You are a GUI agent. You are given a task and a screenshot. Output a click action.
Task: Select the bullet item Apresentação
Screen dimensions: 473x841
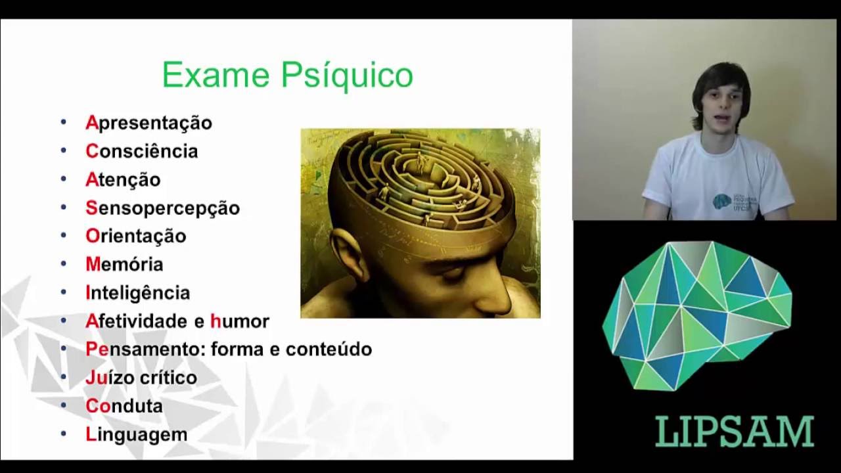pos(148,123)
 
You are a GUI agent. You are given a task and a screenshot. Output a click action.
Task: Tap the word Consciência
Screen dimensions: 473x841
pos(141,151)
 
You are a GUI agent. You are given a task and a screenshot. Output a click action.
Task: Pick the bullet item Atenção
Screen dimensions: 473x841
pos(123,179)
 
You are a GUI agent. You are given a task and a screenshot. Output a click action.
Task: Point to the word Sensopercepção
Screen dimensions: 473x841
pos(162,208)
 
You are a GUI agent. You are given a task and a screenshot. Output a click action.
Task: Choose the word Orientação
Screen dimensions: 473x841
pos(135,236)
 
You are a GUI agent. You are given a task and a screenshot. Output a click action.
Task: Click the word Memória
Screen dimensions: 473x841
pos(124,264)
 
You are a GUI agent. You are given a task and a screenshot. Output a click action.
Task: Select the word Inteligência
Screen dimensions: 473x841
pos(137,292)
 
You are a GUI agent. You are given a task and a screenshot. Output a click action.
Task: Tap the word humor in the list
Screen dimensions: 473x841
pos(240,321)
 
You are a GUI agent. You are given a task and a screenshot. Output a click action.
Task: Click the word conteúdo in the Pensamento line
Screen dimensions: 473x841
pos(329,349)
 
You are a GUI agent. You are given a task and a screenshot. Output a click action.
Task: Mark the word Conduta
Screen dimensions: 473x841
pos(124,406)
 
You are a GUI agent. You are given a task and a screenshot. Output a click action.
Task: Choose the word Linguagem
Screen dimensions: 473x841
pos(136,434)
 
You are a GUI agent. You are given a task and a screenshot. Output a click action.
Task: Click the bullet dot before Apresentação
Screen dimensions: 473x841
pos(64,122)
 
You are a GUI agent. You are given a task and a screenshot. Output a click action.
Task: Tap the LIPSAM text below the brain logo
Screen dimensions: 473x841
pos(735,432)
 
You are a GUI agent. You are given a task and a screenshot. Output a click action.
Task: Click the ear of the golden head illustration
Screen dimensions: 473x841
pos(349,254)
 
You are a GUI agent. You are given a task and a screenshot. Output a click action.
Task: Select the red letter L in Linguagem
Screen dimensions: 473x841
pos(91,434)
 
